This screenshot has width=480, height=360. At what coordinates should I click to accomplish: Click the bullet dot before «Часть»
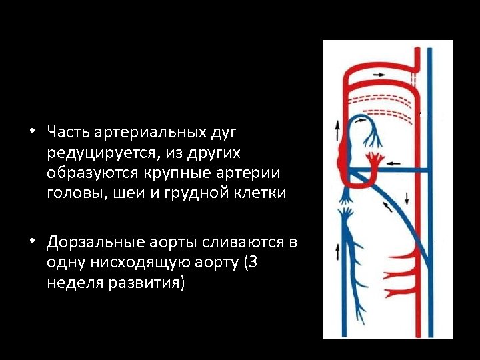32,132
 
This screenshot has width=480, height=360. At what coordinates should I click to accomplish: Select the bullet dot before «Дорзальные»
32,241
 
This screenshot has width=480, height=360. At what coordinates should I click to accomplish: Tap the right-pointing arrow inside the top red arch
379,73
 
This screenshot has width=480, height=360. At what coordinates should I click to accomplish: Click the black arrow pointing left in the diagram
394,162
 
